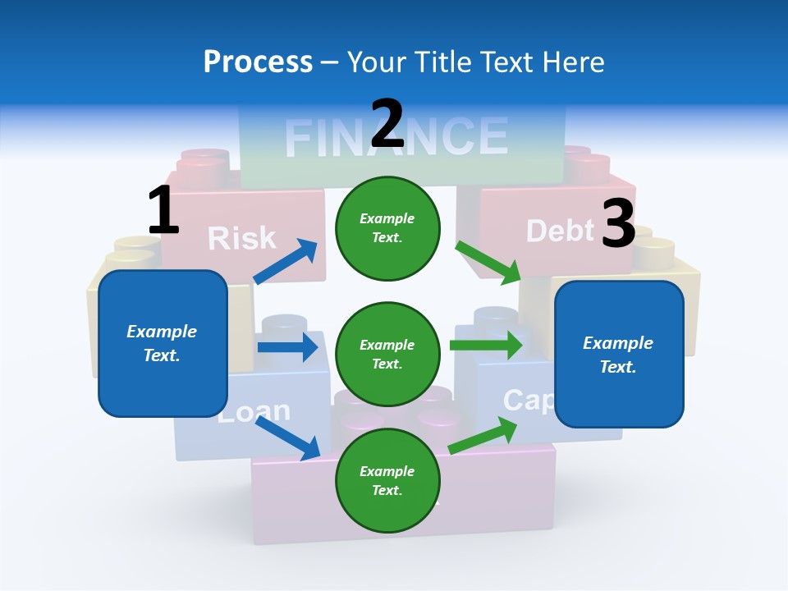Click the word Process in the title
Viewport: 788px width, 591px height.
(258, 62)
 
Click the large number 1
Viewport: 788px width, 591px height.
(163, 210)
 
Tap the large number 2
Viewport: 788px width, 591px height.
(387, 123)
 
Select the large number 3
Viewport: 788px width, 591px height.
(618, 223)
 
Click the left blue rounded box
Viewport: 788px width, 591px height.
(163, 343)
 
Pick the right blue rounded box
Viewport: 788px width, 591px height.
(619, 354)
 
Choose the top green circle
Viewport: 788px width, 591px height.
(387, 228)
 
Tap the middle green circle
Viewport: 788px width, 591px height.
(387, 354)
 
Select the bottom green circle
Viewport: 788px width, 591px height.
(387, 480)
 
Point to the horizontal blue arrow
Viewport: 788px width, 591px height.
(287, 347)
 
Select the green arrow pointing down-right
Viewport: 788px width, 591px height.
(488, 263)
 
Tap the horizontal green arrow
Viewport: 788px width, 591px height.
(486, 345)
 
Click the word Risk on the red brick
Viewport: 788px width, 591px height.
(241, 238)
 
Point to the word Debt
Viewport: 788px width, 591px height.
(560, 231)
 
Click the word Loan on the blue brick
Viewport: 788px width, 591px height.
(254, 411)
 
